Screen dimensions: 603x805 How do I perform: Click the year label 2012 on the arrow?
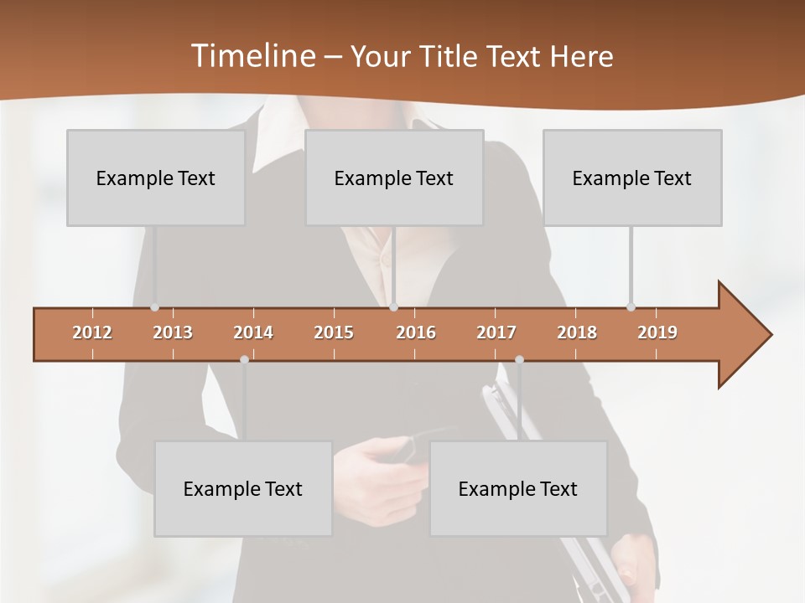pos(92,332)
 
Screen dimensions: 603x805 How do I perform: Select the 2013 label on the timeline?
pos(173,332)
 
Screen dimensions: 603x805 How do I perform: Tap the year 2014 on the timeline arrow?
pos(253,332)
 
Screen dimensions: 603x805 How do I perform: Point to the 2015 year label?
pos(334,332)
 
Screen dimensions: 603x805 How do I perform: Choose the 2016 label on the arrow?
pos(416,332)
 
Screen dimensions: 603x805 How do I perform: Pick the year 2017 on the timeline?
pos(496,332)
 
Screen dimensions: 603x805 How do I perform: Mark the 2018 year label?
pos(577,332)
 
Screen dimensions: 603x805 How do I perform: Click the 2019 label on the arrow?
pos(657,332)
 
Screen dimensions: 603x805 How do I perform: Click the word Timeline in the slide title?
pos(252,56)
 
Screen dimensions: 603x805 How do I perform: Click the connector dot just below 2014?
pos(244,359)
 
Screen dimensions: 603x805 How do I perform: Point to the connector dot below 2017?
pos(519,359)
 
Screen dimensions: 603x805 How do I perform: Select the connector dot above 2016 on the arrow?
pos(393,307)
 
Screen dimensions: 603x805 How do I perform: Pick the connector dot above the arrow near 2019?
pos(631,307)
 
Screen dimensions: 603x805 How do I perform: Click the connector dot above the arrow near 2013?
pos(154,307)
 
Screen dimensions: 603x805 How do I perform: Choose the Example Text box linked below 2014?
pos(243,488)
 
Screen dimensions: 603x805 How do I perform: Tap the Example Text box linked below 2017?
pos(518,488)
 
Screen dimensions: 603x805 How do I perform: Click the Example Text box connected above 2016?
pos(394,178)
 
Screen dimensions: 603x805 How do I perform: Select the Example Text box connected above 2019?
pos(632,178)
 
